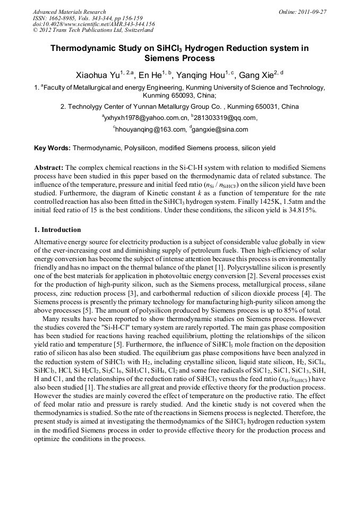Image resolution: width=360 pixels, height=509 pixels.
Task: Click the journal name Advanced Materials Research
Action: click(69, 11)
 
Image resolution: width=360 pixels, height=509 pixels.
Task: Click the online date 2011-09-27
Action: click(314, 11)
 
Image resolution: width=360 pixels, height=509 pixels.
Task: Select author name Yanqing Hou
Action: click(204, 76)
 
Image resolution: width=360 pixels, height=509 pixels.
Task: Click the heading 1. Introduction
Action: click(57, 230)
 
